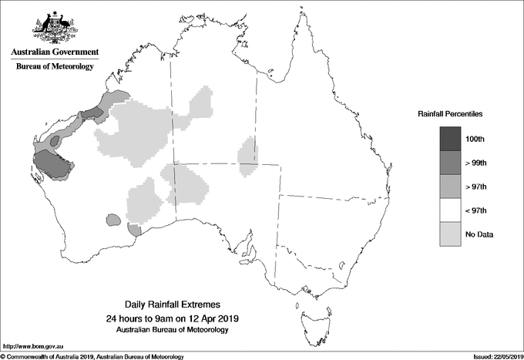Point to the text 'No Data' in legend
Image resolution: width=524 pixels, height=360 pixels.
[x=479, y=234]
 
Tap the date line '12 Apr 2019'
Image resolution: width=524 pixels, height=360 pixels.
[x=173, y=318]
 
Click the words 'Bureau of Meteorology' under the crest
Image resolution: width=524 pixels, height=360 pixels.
[x=55, y=67]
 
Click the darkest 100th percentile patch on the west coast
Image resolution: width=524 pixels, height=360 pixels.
[x=51, y=164]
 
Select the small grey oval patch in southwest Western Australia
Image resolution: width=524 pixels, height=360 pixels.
[x=113, y=220]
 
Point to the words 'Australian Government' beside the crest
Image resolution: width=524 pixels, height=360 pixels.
[x=55, y=52]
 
